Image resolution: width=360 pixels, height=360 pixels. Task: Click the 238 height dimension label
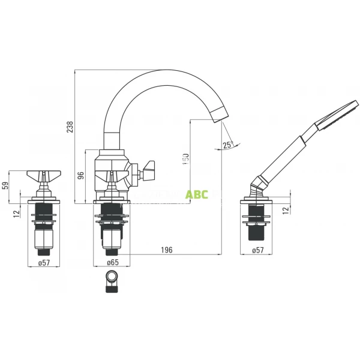click(x=70, y=127)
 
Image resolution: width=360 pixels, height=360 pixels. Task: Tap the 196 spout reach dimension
click(x=166, y=250)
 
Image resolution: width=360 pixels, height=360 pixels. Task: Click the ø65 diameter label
click(x=112, y=262)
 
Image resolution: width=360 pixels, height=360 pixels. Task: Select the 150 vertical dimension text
click(x=185, y=160)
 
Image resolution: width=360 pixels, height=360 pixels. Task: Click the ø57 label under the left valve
click(x=44, y=262)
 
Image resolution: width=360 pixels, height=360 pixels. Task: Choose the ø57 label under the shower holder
click(x=257, y=250)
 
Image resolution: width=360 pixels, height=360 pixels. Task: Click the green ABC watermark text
click(x=197, y=195)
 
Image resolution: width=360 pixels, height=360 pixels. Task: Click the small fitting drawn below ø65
click(x=112, y=281)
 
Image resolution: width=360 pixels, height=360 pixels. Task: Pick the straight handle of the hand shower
click(x=282, y=156)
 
